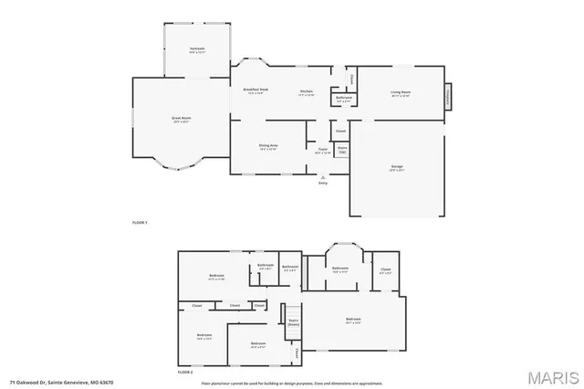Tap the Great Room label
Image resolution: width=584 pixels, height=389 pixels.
tap(182, 119)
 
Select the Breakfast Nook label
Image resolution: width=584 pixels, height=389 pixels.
tap(255, 90)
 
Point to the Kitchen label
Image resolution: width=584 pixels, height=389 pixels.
tap(308, 91)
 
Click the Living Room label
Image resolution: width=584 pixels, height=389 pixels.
tap(400, 92)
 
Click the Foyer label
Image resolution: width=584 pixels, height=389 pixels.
tap(322, 150)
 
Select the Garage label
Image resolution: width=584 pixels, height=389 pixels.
tap(398, 167)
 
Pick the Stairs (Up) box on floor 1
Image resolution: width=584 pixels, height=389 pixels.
tap(342, 149)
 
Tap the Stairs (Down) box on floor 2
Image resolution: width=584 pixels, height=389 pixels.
tap(294, 321)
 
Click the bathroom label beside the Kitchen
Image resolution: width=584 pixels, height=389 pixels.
tap(343, 98)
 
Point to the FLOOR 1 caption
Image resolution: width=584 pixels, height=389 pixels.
tap(140, 223)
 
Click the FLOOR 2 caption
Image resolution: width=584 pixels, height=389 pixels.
tap(186, 373)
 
